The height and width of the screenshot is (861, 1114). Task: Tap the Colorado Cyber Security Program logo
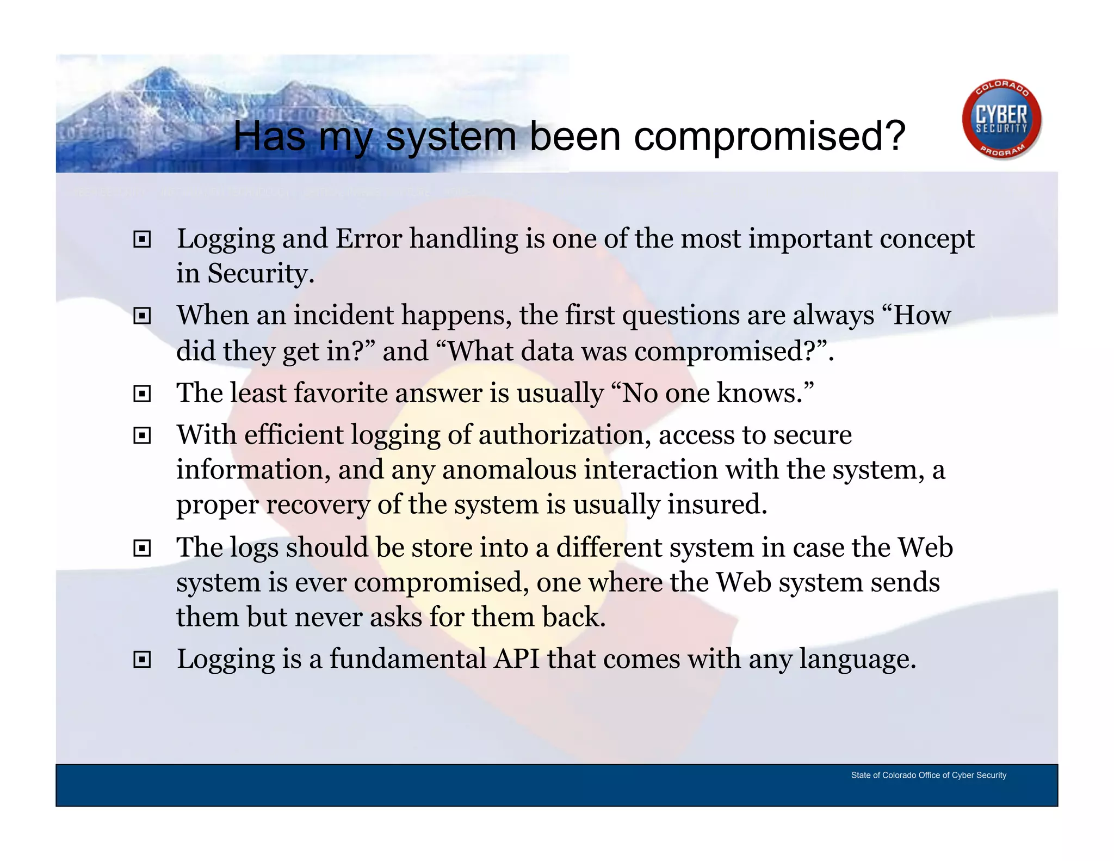tap(1001, 120)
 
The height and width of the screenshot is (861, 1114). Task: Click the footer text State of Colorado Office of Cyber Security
tap(928, 775)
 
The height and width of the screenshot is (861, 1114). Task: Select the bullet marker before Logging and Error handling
tap(142, 239)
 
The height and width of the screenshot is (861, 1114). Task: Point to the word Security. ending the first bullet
tap(261, 273)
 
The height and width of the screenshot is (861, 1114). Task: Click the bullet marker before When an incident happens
tap(142, 316)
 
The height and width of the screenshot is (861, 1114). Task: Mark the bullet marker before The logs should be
tap(142, 548)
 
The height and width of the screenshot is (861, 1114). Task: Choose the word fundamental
tap(407, 659)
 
